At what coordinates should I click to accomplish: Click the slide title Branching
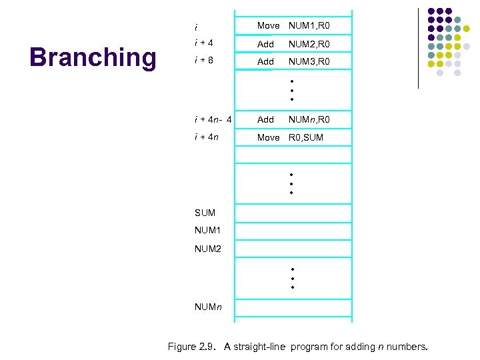click(x=92, y=57)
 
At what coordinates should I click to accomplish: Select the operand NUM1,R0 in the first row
click(x=309, y=26)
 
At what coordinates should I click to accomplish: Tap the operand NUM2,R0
click(x=309, y=44)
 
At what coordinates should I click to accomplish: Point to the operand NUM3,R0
click(x=309, y=61)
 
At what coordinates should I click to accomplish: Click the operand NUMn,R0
click(x=309, y=119)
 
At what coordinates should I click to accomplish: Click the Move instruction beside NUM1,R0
click(x=269, y=26)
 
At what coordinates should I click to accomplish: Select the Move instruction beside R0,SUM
click(x=269, y=137)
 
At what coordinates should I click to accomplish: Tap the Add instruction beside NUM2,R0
click(x=265, y=44)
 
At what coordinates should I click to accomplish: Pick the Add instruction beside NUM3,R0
click(x=265, y=61)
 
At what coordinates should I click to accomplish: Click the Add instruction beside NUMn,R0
click(x=265, y=119)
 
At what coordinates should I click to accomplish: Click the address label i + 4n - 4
click(x=213, y=120)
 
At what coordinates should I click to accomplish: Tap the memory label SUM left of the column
click(x=205, y=213)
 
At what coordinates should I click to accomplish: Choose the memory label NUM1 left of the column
click(x=207, y=231)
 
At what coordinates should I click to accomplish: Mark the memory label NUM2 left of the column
click(x=207, y=249)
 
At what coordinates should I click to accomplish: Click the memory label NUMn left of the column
click(x=209, y=307)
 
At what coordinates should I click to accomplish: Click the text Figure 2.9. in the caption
click(x=193, y=347)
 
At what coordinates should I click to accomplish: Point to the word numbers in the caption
click(x=407, y=347)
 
